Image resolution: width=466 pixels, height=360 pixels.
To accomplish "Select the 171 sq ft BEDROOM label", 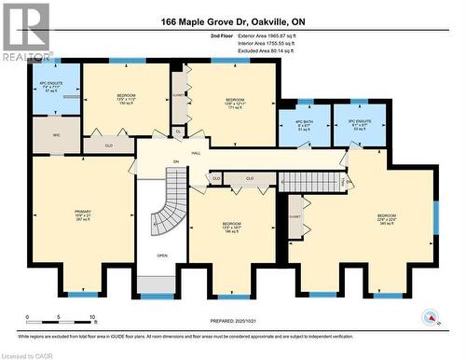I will [x=235, y=104].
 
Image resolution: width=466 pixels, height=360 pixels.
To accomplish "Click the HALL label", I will [x=196, y=152].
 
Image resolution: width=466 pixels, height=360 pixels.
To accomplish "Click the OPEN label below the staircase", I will [x=162, y=256].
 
